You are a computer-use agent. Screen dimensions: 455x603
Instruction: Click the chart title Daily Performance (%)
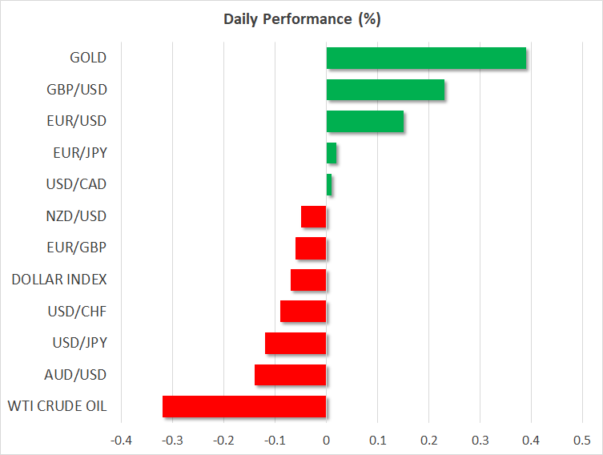(301, 19)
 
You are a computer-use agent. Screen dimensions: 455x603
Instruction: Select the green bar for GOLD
(426, 58)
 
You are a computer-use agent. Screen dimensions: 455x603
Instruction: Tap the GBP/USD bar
(385, 90)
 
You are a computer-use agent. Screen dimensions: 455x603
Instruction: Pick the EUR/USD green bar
(364, 121)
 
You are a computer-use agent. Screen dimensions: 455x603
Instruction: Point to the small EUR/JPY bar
(332, 153)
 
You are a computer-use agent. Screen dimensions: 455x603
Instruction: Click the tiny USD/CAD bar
(329, 184)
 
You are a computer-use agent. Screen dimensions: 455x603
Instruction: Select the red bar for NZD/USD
(314, 216)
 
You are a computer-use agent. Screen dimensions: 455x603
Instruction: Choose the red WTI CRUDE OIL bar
(244, 406)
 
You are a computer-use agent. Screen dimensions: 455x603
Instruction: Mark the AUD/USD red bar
(290, 375)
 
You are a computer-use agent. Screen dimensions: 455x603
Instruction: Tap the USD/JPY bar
(295, 343)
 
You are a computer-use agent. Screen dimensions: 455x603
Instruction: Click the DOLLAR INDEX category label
(59, 280)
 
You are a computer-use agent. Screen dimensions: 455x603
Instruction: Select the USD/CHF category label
(78, 312)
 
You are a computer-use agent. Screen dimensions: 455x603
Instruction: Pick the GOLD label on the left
(88, 58)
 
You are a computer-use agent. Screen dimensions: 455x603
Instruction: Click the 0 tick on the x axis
(326, 441)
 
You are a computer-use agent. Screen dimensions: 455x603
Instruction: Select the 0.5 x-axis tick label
(582, 441)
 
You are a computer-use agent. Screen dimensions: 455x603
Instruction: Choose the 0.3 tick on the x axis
(480, 441)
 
